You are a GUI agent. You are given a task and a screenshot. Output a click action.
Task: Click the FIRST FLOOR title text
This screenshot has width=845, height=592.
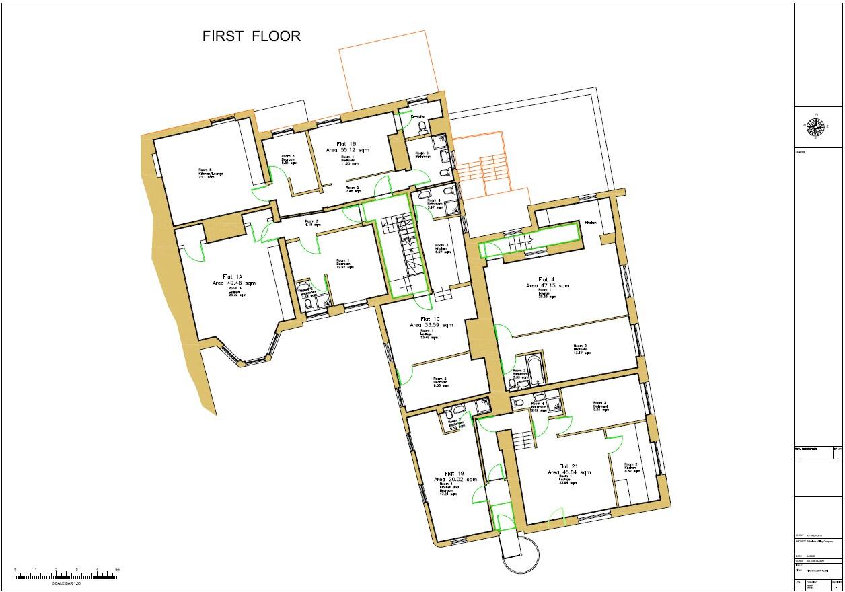252,36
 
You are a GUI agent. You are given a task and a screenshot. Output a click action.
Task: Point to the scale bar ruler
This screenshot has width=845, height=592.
67,575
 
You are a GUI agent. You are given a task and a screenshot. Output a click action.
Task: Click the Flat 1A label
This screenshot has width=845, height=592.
233,276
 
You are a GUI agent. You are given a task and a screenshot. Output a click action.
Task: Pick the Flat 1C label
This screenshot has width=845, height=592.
431,318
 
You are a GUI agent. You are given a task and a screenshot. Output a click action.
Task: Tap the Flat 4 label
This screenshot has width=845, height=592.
546,279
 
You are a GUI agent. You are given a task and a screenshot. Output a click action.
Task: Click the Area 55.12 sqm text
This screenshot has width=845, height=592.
348,151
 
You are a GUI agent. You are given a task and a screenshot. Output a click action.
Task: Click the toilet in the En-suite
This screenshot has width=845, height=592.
422,127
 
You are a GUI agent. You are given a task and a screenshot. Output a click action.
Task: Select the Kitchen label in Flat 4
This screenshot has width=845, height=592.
591,223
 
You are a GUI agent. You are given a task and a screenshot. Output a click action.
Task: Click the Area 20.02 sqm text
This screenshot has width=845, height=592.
455,480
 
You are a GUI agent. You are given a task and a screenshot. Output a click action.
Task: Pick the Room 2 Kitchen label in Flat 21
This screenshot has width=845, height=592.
630,468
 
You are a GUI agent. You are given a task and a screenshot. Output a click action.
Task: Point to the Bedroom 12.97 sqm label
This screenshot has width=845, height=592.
342,264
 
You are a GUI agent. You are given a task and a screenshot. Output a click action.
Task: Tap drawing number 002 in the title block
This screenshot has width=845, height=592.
810,587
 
